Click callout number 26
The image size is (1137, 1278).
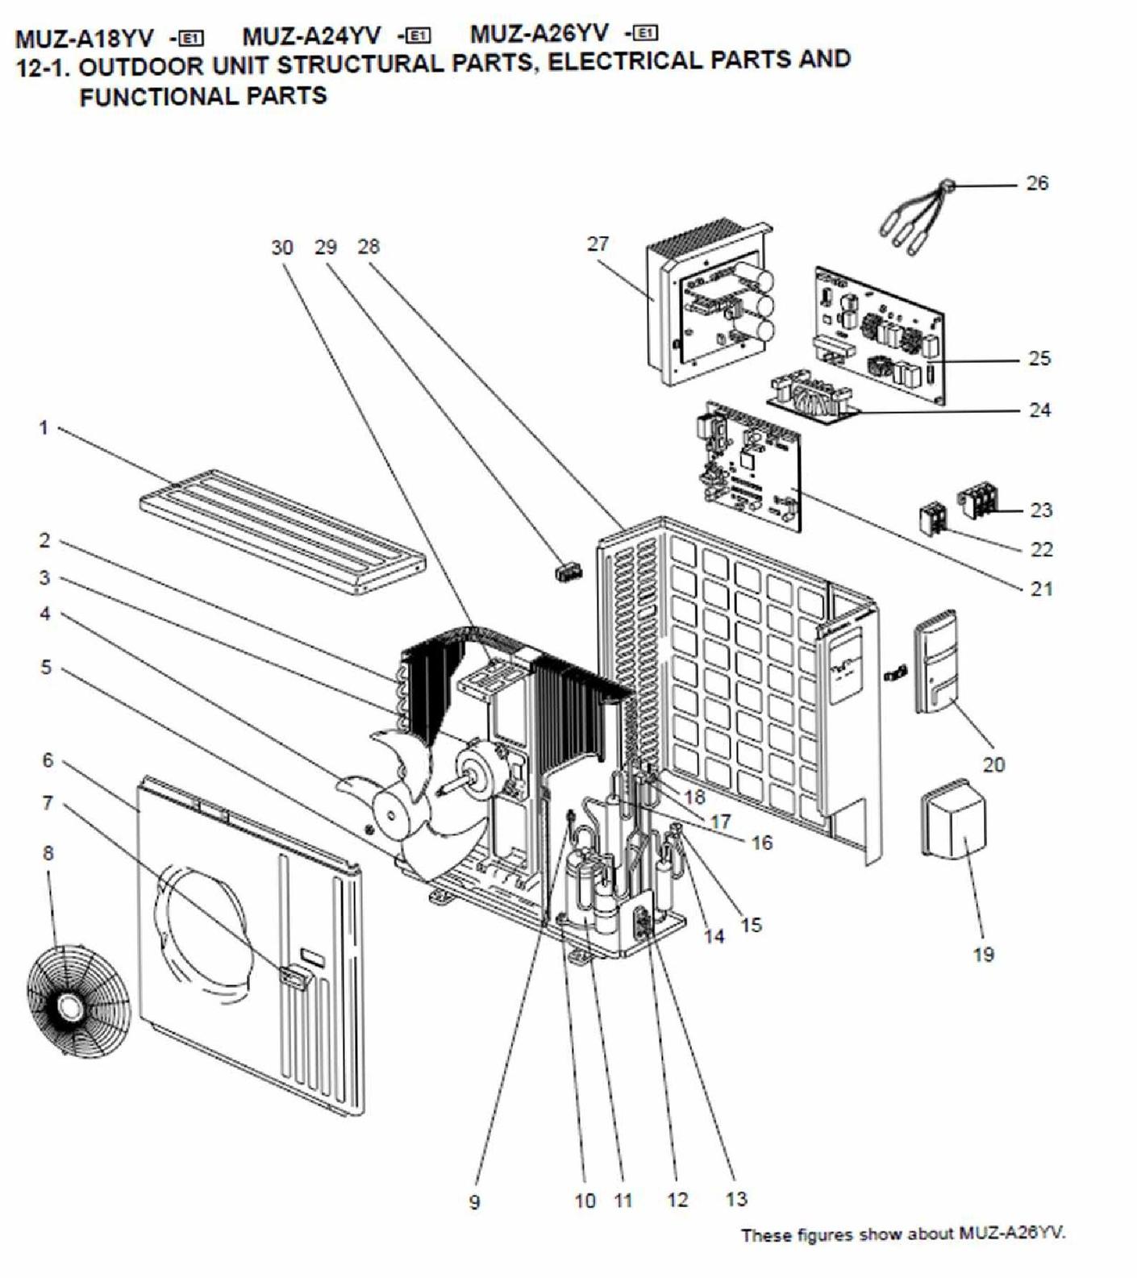1037,183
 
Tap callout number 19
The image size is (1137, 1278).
983,955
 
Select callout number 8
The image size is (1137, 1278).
48,852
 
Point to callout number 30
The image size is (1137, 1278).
281,248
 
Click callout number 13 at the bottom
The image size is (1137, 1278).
736,1199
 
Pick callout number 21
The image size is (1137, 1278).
1041,589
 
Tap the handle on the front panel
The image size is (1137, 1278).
294,977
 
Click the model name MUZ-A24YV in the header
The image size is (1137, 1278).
311,35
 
